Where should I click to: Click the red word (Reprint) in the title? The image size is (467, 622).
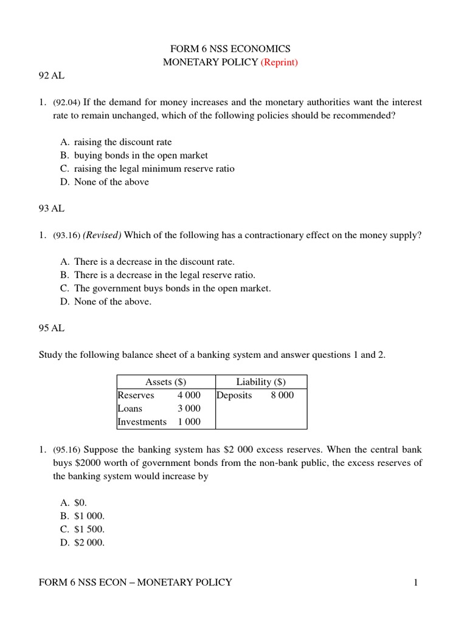pyautogui.click(x=279, y=63)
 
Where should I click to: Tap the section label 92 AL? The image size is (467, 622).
pyautogui.click(x=51, y=77)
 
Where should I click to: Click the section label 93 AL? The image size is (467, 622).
pyautogui.click(x=51, y=208)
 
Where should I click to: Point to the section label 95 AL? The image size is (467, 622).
pyautogui.click(x=51, y=328)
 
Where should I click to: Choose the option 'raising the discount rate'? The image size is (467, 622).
pyautogui.click(x=123, y=142)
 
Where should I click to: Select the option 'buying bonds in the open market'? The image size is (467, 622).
pyautogui.click(x=140, y=155)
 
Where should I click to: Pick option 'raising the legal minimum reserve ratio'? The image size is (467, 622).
pyautogui.click(x=154, y=169)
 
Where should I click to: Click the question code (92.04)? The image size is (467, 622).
pyautogui.click(x=67, y=103)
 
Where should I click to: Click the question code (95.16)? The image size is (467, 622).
pyautogui.click(x=67, y=450)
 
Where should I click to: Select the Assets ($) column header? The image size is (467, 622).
pyautogui.click(x=166, y=381)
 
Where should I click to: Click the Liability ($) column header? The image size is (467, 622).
pyautogui.click(x=261, y=381)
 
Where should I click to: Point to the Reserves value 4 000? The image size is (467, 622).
pyautogui.click(x=189, y=395)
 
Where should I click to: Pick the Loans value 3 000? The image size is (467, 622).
pyautogui.click(x=189, y=408)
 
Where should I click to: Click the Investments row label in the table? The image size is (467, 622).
pyautogui.click(x=142, y=422)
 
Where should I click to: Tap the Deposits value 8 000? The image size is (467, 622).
pyautogui.click(x=282, y=395)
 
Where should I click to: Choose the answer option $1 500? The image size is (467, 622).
pyautogui.click(x=90, y=530)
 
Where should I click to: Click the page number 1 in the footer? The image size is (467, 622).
pyautogui.click(x=416, y=583)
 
